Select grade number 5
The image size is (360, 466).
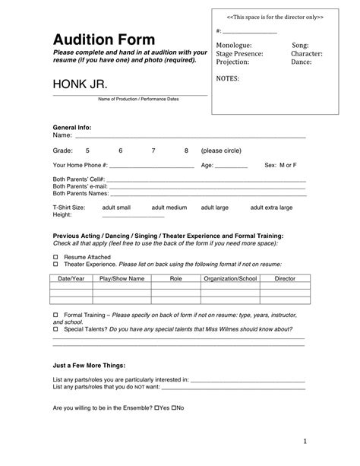coord(87,151)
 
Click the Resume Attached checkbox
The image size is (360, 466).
coord(55,258)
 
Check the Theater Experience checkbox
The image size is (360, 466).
coord(55,265)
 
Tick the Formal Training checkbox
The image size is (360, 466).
coord(55,314)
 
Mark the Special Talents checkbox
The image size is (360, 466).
coord(55,329)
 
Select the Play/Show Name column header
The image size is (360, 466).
coord(122,279)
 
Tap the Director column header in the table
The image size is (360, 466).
coord(285,279)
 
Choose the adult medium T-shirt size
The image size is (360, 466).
coord(169,207)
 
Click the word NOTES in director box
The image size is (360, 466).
coord(229,78)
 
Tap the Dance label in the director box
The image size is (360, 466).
coord(301,62)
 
